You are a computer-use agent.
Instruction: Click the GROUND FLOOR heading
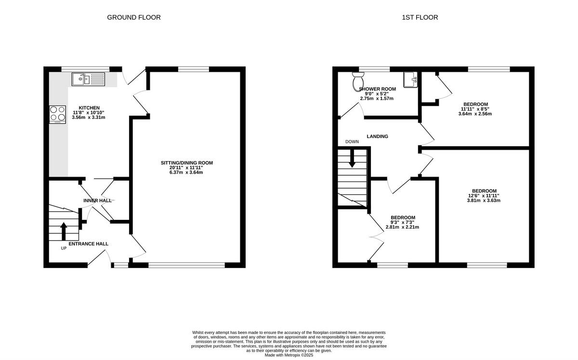coord(133,17)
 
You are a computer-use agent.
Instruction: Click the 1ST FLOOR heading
coord(420,17)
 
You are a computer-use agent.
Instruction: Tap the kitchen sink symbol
coord(88,78)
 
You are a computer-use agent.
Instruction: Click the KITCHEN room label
coord(89,108)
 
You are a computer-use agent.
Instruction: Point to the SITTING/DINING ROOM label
coord(186,163)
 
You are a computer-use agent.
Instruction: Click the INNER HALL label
coord(97,201)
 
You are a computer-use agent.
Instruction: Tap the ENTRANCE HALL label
coord(88,244)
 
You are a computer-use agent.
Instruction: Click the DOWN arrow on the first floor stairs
coord(352,158)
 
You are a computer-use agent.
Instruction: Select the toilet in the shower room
coord(358,82)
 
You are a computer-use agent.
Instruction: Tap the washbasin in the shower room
coord(410,79)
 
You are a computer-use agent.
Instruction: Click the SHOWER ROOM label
coord(377,89)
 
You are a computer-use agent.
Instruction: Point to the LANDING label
coord(377,136)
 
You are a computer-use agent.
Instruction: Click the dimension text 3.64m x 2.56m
coord(475,114)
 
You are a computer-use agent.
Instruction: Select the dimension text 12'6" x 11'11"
coord(483,195)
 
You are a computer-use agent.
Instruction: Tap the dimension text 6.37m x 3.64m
coord(186,172)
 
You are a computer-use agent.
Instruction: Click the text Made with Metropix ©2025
coord(289,355)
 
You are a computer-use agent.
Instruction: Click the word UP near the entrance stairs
coord(64,248)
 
